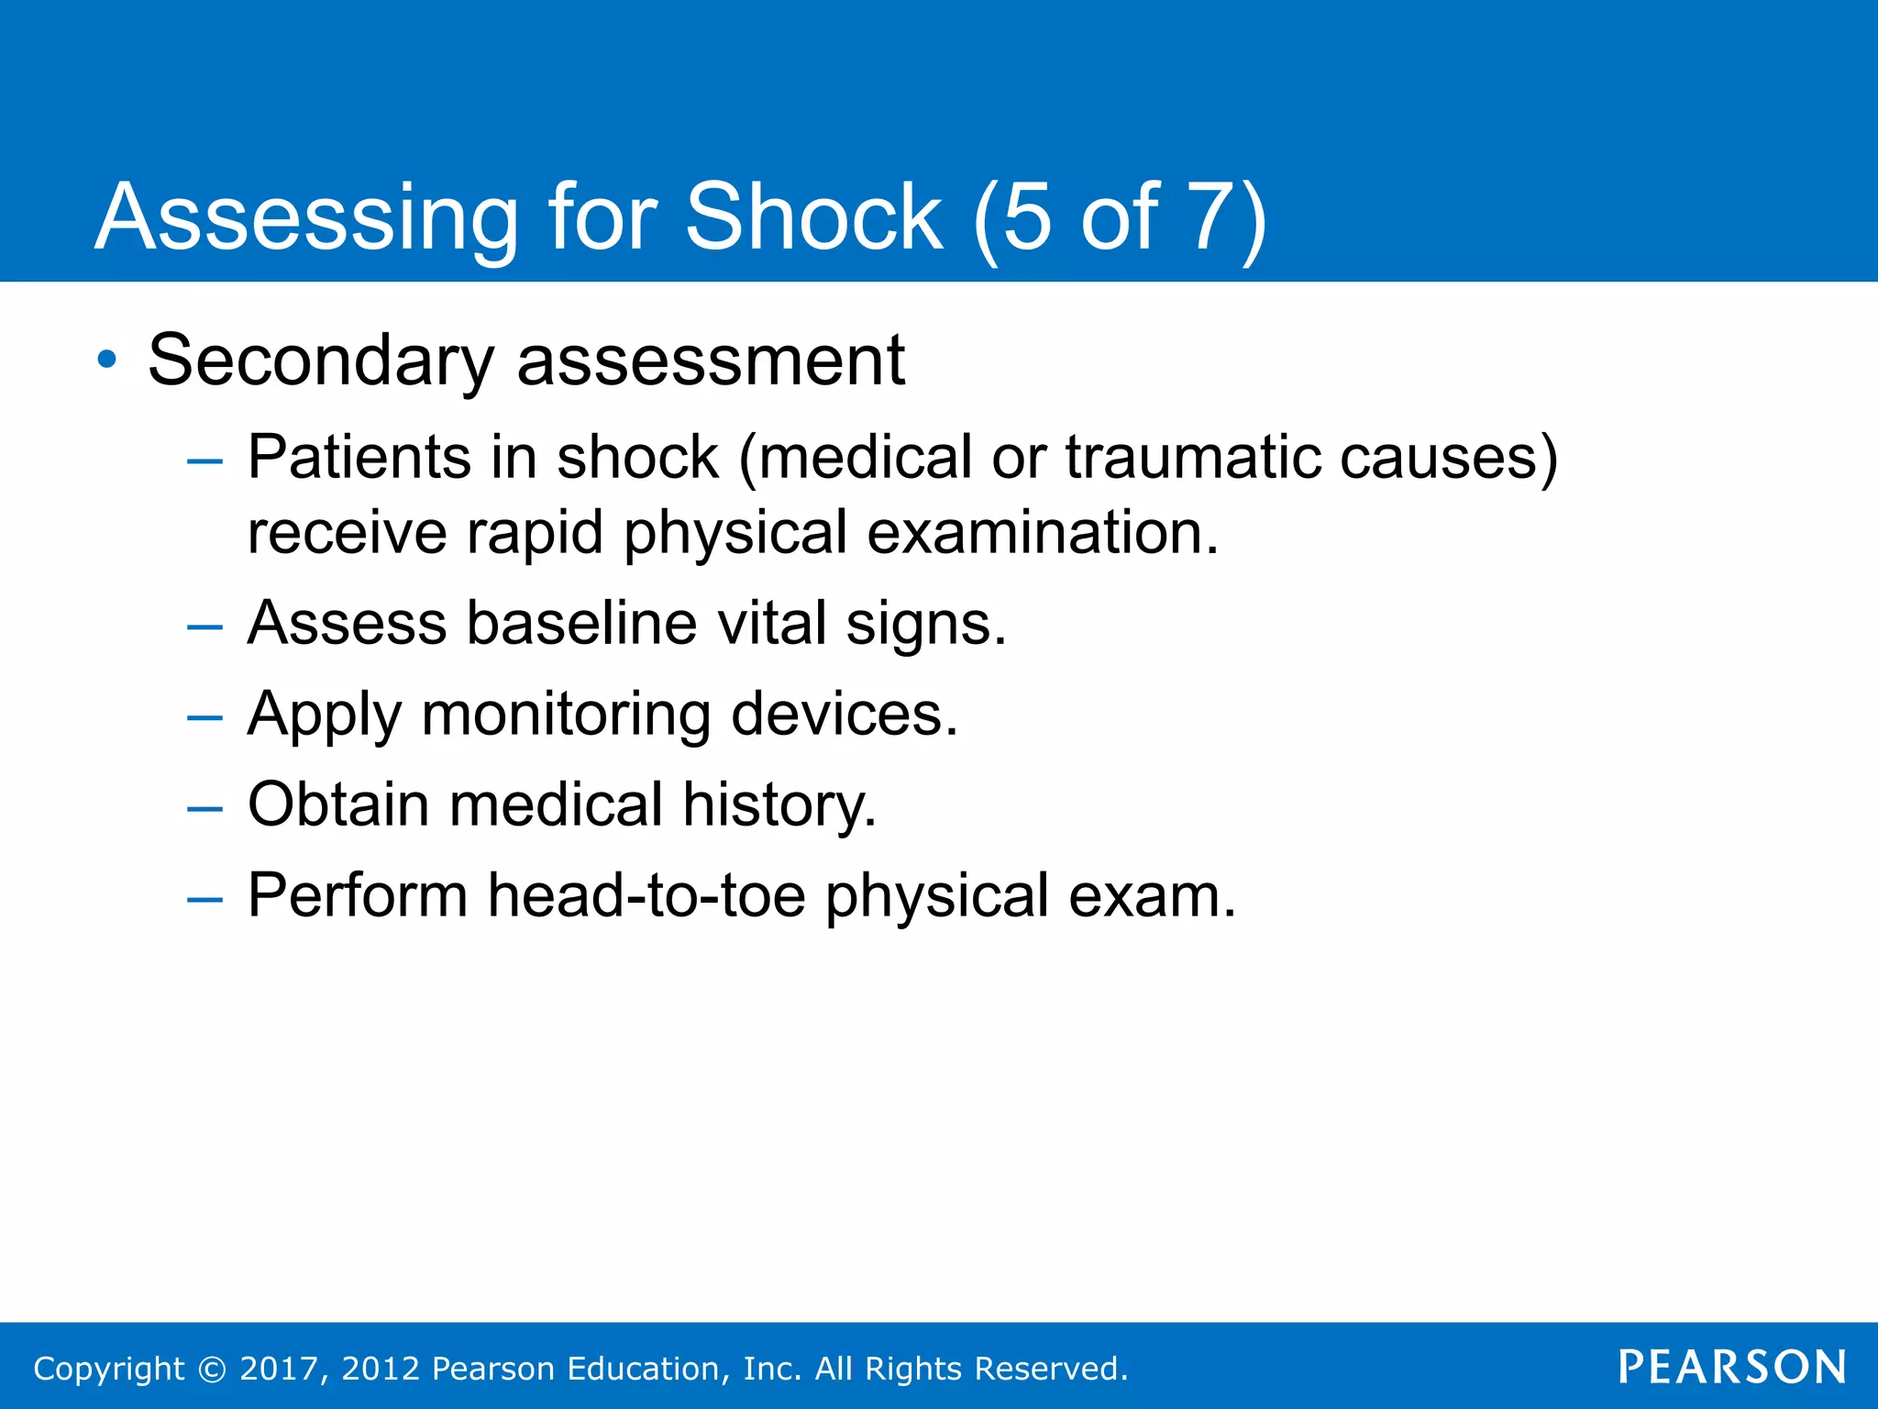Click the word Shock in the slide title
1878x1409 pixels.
pyautogui.click(x=813, y=216)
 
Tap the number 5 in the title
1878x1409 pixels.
pyautogui.click(x=1027, y=216)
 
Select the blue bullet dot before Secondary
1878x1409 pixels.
pyautogui.click(x=107, y=360)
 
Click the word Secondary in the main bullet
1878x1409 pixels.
pyautogui.click(x=321, y=361)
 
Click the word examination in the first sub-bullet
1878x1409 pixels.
pyautogui.click(x=1043, y=532)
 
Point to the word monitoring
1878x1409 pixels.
pyautogui.click(x=566, y=715)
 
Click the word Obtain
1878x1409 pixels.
pyautogui.click(x=338, y=804)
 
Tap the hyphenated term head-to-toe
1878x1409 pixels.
pyautogui.click(x=646, y=895)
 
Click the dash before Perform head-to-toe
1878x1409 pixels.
pyautogui.click(x=204, y=900)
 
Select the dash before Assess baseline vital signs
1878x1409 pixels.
pyautogui.click(x=204, y=627)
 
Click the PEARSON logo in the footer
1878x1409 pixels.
pyautogui.click(x=1732, y=1368)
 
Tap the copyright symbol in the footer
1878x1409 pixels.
pyautogui.click(x=212, y=1369)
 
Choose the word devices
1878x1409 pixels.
pyautogui.click(x=845, y=715)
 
